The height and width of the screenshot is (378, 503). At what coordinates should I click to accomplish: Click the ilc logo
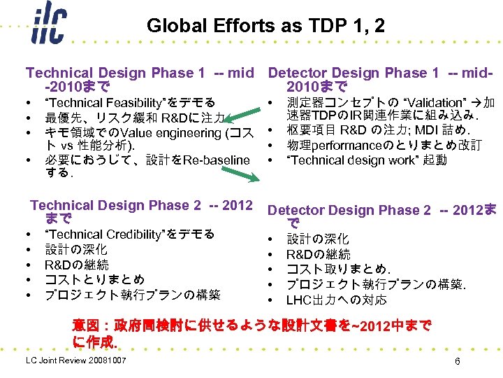49,27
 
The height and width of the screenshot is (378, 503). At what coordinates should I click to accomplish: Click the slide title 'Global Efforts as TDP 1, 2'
265,27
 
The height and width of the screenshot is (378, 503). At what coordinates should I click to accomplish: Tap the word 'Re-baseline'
217,160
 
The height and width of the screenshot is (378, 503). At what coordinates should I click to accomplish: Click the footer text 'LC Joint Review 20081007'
76,360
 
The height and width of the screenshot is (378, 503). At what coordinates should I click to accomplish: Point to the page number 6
457,361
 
